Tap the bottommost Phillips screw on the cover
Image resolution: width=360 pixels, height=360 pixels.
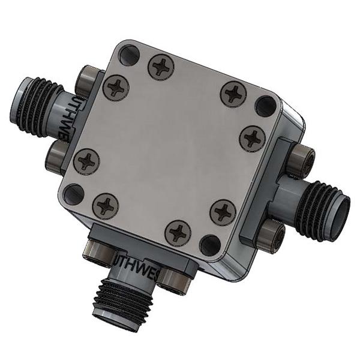click(x=178, y=231)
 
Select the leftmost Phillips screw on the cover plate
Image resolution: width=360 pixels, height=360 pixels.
click(x=88, y=161)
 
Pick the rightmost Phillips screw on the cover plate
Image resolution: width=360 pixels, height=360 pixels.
click(x=252, y=139)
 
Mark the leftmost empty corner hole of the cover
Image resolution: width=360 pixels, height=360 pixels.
click(x=74, y=194)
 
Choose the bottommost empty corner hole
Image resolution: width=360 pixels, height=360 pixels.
click(x=211, y=244)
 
